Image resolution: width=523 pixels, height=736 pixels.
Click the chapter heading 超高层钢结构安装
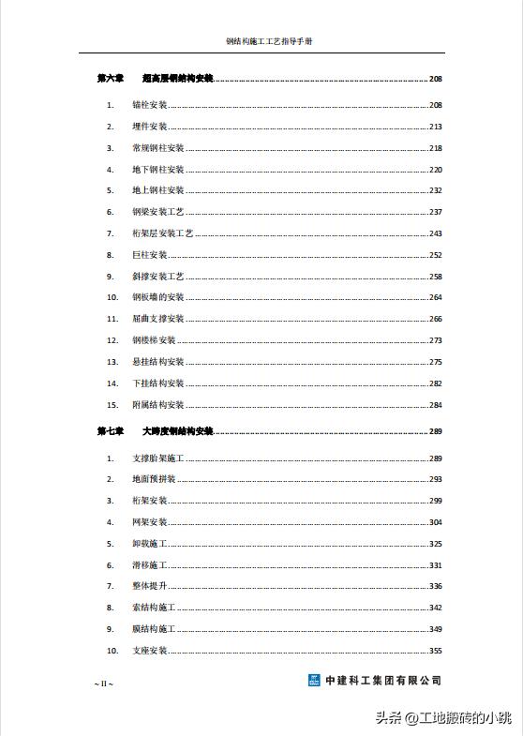click(177, 79)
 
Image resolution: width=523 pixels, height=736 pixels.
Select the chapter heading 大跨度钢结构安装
click(177, 432)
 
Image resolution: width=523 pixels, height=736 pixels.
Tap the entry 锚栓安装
click(149, 105)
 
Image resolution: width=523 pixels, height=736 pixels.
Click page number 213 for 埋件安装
click(435, 127)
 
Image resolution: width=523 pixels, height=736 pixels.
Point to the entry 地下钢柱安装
click(157, 170)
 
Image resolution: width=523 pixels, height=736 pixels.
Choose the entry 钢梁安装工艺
click(157, 212)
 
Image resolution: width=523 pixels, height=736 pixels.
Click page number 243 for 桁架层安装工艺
click(435, 233)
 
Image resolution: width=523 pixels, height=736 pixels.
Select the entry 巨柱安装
click(149, 255)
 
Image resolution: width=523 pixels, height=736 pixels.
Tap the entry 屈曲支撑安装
click(157, 319)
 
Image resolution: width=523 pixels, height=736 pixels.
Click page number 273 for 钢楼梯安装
click(435, 340)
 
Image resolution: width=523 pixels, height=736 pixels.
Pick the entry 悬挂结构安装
click(157, 362)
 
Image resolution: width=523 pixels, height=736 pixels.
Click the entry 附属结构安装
click(157, 405)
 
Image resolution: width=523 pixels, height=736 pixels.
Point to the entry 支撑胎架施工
click(157, 458)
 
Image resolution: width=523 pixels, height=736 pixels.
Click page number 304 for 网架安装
click(435, 522)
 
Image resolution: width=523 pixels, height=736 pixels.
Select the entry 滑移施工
click(149, 565)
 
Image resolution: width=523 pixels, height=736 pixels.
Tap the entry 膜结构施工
click(154, 629)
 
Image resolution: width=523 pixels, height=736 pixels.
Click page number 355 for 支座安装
click(435, 651)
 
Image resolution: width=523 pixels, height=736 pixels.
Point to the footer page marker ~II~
click(103, 684)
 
